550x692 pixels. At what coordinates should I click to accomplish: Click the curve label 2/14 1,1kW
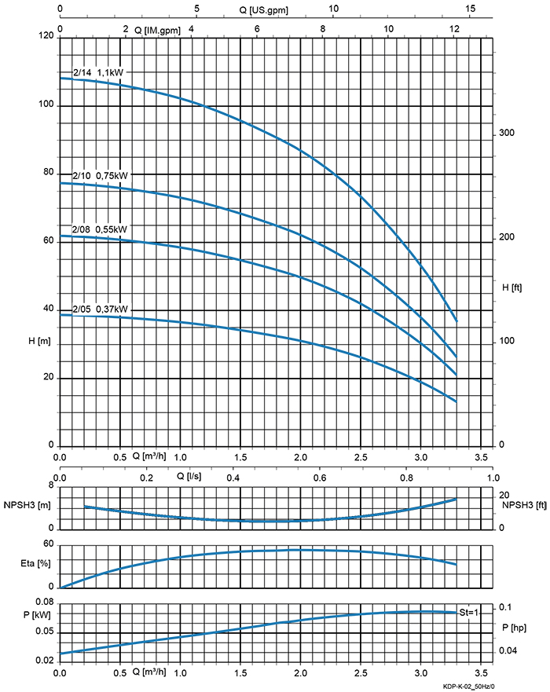click(98, 72)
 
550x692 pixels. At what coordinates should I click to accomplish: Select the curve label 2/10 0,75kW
click(100, 176)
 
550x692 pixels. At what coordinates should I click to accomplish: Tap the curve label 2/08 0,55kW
click(100, 229)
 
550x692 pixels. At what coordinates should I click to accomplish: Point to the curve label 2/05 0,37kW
click(100, 309)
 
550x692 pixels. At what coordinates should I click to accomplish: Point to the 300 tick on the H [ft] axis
click(507, 134)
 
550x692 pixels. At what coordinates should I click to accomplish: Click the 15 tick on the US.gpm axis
click(470, 9)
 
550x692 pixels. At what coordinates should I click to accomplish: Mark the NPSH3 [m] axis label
click(27, 505)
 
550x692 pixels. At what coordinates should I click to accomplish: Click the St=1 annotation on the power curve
click(468, 612)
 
